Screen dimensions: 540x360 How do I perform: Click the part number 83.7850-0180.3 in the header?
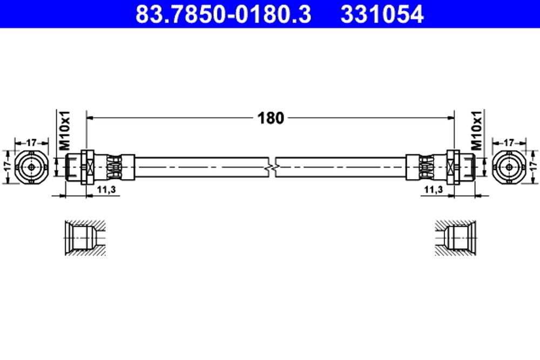click(223, 14)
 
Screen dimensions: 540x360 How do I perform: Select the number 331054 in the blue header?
click(382, 14)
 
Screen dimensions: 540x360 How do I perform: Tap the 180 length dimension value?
click(271, 118)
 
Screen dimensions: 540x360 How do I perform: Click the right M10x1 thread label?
click(477, 131)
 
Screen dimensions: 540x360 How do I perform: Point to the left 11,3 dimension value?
click(106, 189)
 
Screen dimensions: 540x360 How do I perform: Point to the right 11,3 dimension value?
click(434, 189)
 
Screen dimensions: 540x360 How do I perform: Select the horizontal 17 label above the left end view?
click(31, 142)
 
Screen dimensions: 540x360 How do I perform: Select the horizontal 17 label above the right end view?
click(509, 142)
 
